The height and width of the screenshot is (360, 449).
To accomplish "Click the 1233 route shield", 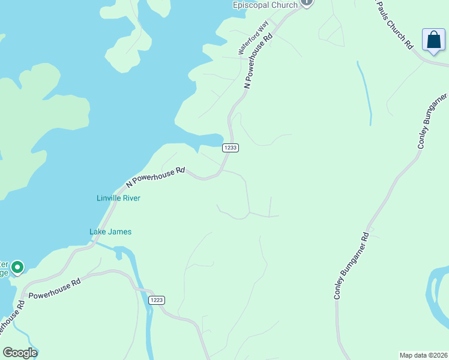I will point(231,148).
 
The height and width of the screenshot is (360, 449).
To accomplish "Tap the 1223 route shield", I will point(156,300).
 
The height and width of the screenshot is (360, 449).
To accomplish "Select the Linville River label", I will point(118,198).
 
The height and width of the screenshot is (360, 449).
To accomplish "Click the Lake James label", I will point(110,232).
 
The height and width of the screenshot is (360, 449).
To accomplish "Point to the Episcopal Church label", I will point(265,5).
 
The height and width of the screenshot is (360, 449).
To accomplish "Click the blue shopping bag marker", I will point(433,40).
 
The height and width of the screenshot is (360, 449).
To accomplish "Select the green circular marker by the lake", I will point(17,268).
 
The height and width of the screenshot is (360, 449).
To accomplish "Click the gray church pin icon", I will point(307,2).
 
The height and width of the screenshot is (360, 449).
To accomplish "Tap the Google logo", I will point(20,353).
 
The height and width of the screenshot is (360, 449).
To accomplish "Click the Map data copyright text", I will point(423,355).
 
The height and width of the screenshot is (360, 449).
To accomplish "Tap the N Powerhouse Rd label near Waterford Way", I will point(259,61).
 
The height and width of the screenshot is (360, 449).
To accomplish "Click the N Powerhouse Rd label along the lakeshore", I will point(156,178).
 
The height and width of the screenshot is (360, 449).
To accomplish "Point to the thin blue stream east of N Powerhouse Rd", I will point(364,93).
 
